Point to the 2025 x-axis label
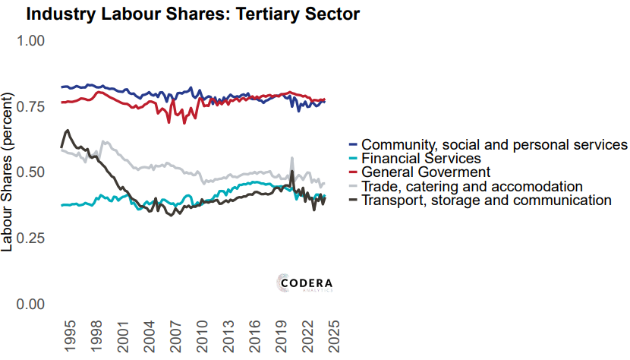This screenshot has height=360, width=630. pyautogui.click(x=334, y=336)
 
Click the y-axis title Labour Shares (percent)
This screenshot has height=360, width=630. pyautogui.click(x=8, y=172)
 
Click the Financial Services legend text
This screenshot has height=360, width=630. pyautogui.click(x=421, y=158)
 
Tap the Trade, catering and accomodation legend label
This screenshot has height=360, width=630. pyautogui.click(x=471, y=186)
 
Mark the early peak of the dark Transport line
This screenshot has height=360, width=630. pyautogui.click(x=68, y=131)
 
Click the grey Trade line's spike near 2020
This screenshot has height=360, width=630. pyautogui.click(x=291, y=158)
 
